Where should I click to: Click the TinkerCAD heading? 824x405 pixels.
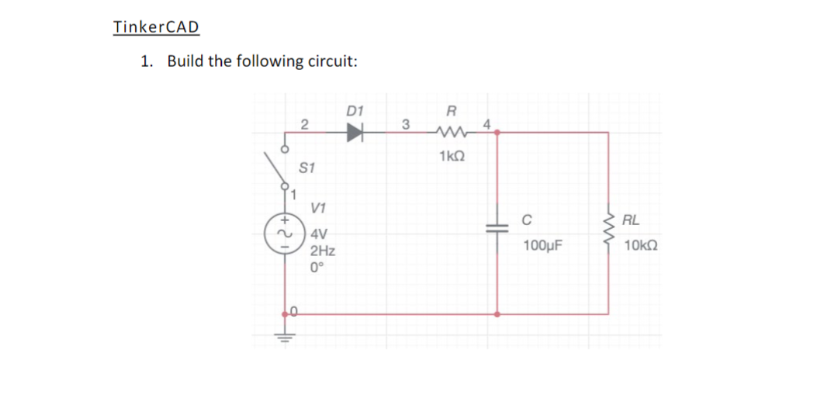156,27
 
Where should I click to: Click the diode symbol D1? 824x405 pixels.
355,133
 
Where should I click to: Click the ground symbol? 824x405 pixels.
285,337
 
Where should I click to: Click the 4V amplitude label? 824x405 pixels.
318,234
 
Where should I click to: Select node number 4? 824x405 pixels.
487,123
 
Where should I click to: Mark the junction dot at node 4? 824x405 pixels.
497,133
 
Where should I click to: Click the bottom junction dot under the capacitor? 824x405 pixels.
497,314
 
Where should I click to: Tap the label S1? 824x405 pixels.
307,168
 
